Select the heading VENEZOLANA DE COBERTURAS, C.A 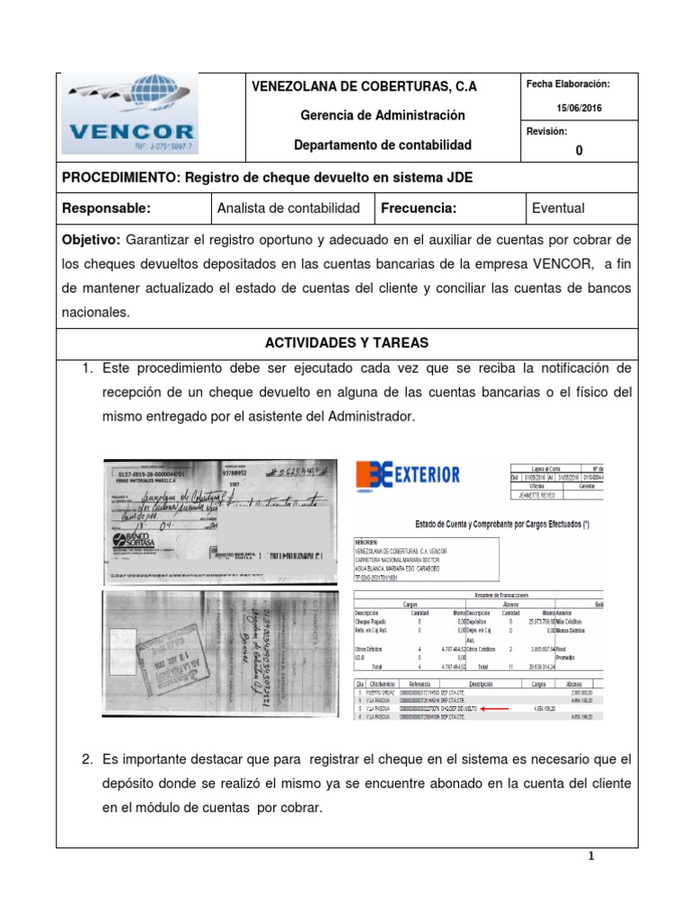coord(363,86)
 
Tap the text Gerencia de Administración coord(369,115)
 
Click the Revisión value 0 coord(579,151)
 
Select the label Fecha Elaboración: coord(569,84)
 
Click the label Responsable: coord(106,208)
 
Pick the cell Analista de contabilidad coord(288,208)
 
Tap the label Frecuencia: coord(419,208)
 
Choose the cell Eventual coord(558,208)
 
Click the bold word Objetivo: coord(91,240)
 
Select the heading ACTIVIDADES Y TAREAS coord(347,343)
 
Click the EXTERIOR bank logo coord(408,474)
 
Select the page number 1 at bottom coord(592,856)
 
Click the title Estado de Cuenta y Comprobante coord(476,523)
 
